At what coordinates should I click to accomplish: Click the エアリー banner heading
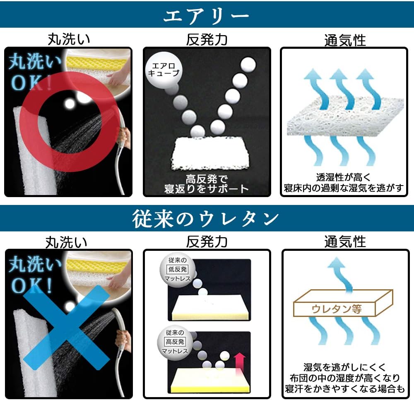206,15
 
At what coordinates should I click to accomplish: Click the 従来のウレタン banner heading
205,219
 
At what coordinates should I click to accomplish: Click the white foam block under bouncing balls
210,153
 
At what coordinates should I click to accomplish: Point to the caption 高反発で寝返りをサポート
206,184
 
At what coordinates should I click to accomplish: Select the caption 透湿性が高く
344,177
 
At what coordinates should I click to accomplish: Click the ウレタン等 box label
336,309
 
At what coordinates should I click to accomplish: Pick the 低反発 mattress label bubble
178,269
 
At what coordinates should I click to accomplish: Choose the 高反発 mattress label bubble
175,342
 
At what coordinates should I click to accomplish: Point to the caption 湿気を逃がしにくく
344,367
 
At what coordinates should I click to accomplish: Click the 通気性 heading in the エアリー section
345,40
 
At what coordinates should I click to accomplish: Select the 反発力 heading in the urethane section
207,242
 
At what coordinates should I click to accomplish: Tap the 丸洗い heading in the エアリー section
69,39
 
